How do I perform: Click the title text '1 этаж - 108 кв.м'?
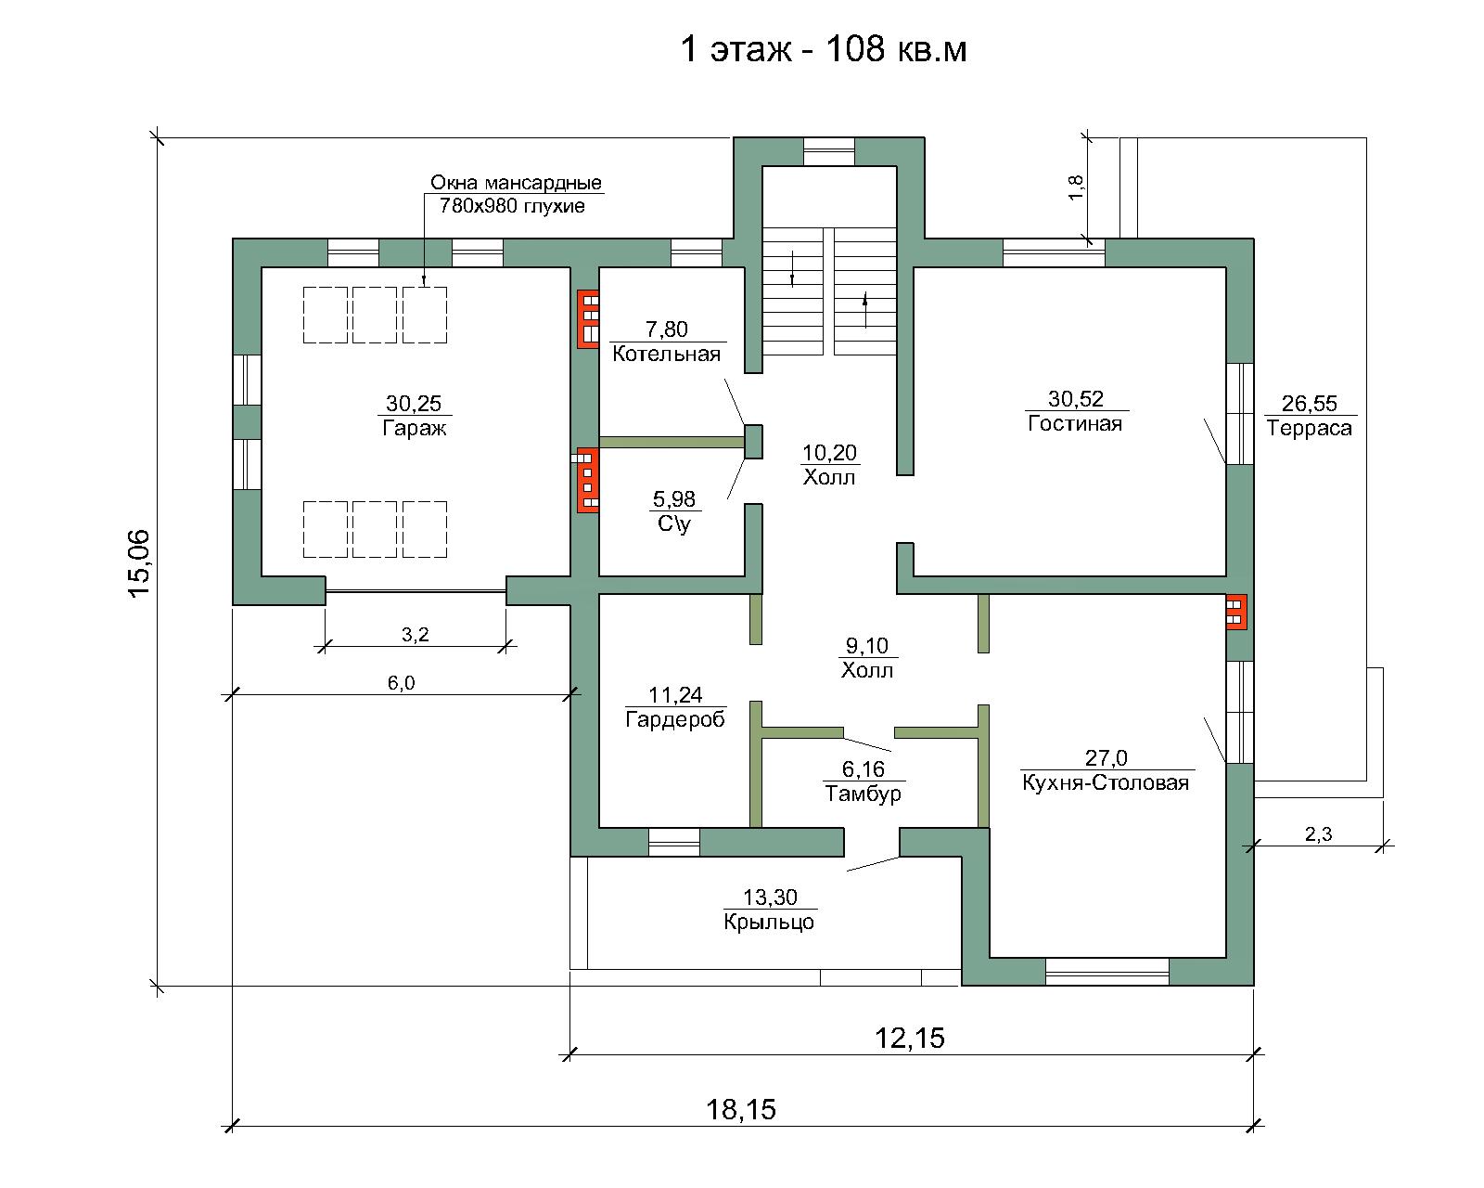[x=824, y=49]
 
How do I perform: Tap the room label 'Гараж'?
[x=415, y=428]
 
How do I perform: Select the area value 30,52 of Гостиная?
[x=1076, y=398]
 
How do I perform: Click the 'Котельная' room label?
[x=666, y=355]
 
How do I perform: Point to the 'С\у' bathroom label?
[x=673, y=524]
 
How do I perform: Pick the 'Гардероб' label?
[x=675, y=719]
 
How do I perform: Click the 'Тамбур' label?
[x=863, y=794]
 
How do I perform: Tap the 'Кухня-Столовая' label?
[x=1106, y=782]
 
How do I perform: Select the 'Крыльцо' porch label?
[x=769, y=922]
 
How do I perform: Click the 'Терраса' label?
[x=1309, y=428]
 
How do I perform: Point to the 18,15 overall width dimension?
[x=741, y=1109]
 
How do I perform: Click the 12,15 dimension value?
[x=910, y=1038]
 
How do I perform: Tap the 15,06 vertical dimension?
[x=139, y=563]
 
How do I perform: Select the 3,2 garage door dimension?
[x=416, y=635]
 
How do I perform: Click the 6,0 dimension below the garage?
[x=402, y=683]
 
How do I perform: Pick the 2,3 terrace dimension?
[x=1319, y=834]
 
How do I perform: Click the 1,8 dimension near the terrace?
[x=1075, y=187]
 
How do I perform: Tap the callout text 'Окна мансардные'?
[x=516, y=183]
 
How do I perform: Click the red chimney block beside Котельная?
[x=588, y=318]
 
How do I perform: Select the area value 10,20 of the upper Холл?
[x=829, y=453]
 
